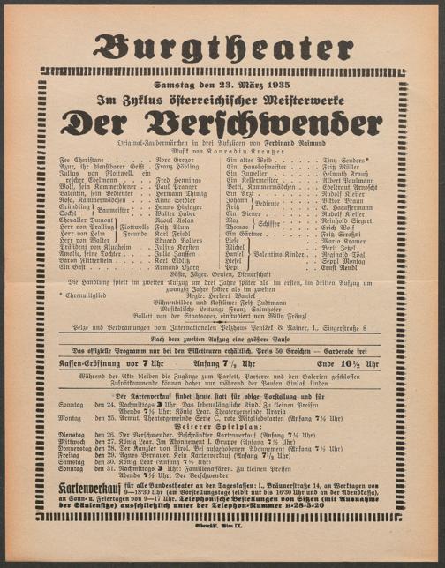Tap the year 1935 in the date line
pyautogui.click(x=268, y=84)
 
